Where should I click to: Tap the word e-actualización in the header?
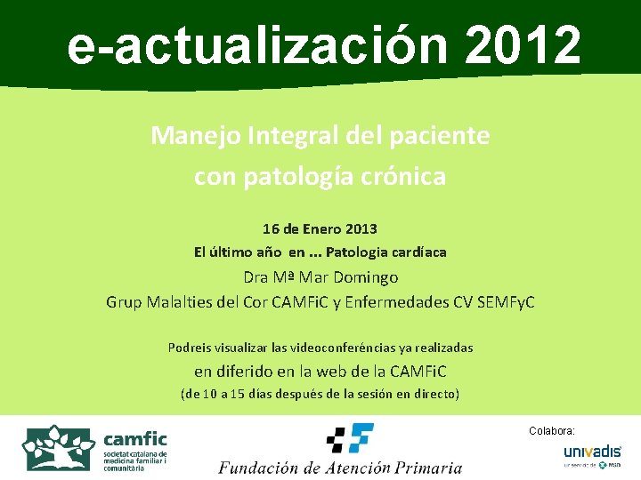(x=257, y=45)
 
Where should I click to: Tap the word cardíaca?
(x=418, y=252)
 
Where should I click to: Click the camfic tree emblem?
(x=59, y=448)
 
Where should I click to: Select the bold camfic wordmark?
(x=135, y=438)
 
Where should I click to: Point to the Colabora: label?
(x=552, y=430)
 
